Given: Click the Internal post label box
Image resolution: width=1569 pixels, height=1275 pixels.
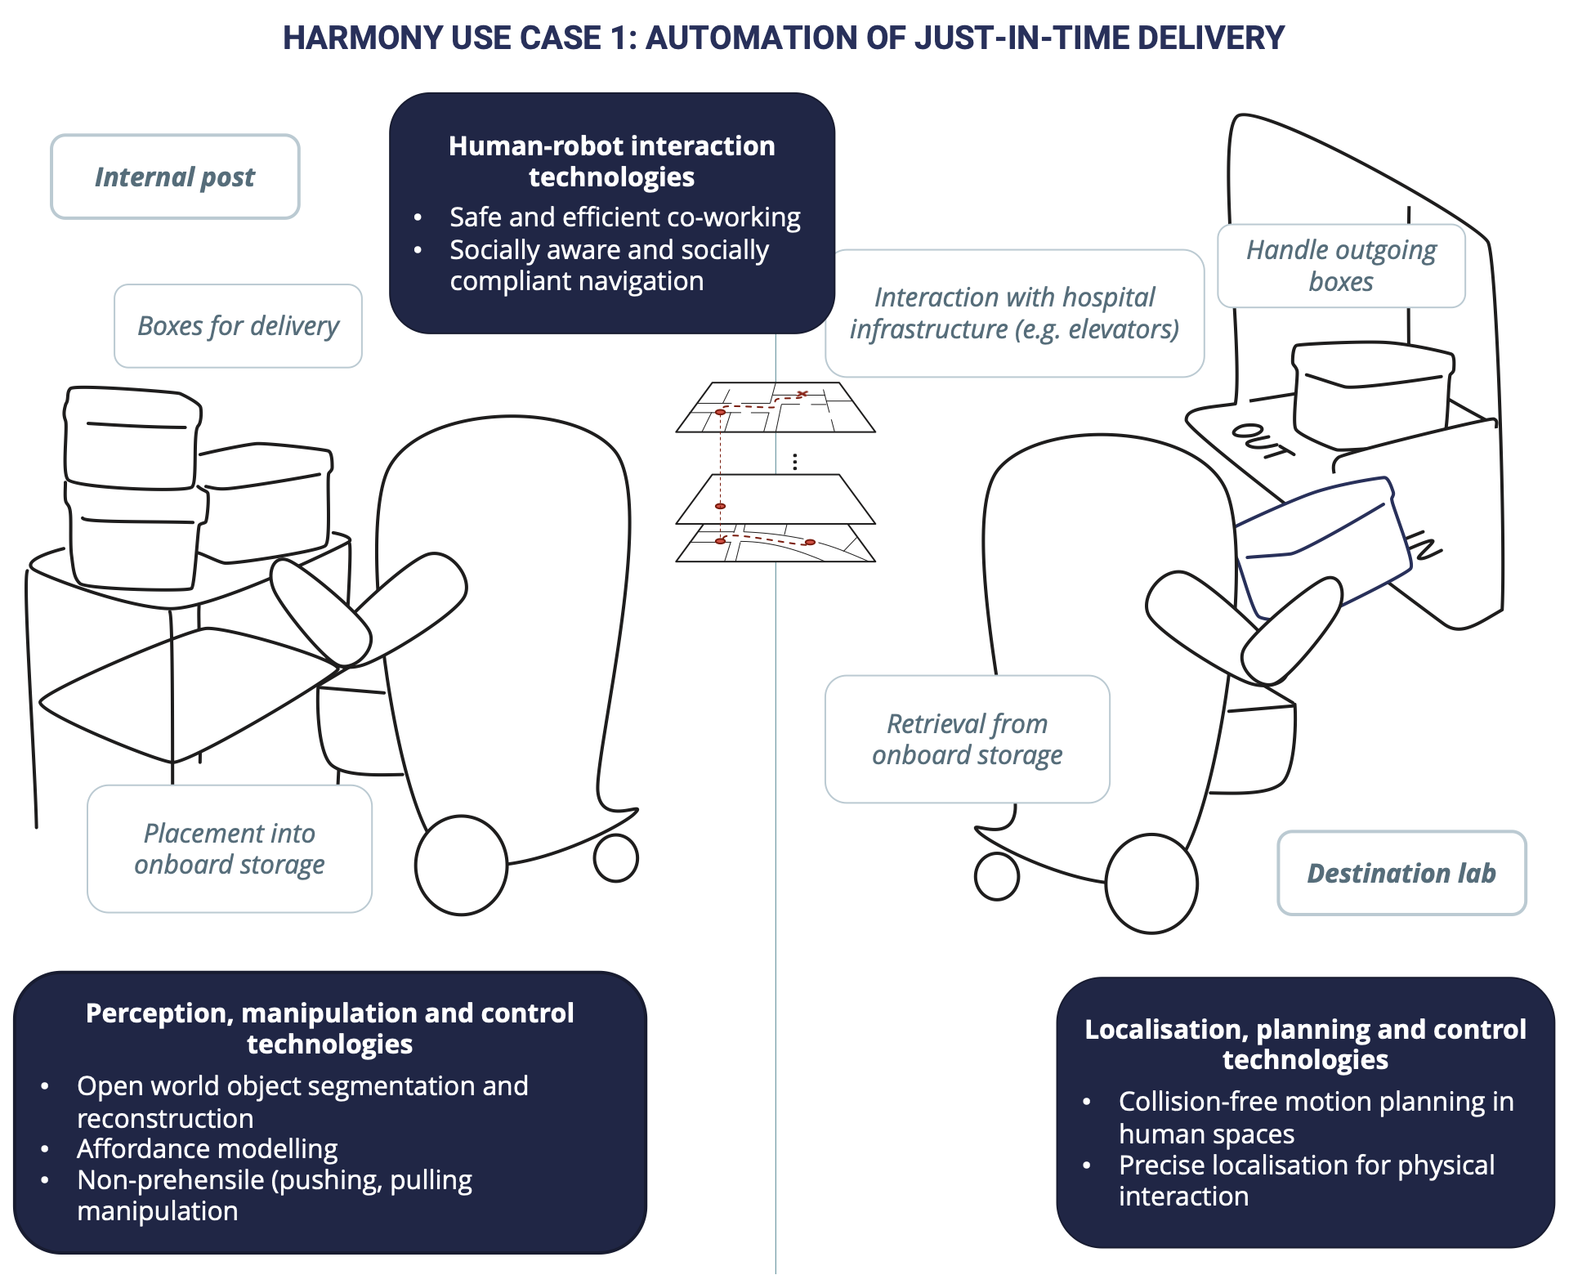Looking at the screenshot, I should pyautogui.click(x=175, y=177).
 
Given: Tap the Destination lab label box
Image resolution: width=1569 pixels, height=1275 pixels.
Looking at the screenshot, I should pyautogui.click(x=1401, y=873).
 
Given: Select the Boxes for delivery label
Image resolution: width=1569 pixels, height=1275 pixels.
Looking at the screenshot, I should pyautogui.click(x=238, y=326).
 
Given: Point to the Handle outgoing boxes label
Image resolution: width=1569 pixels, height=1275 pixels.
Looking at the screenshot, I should pyautogui.click(x=1341, y=266).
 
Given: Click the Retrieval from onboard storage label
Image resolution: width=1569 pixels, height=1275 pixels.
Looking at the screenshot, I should pyautogui.click(x=967, y=739).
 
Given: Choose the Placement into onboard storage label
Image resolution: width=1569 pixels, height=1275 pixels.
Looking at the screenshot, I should pyautogui.click(x=230, y=848).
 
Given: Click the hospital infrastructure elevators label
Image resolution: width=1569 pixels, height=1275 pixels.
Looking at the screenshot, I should pyautogui.click(x=1014, y=313).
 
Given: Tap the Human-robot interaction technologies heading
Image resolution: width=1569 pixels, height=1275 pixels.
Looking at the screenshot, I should pyautogui.click(x=611, y=161).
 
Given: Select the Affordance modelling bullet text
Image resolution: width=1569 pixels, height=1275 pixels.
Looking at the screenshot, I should pyautogui.click(x=207, y=1149).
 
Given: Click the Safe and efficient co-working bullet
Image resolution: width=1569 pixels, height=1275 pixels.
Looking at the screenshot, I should pyautogui.click(x=624, y=217).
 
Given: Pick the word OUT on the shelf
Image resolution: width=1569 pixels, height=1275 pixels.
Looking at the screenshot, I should pyautogui.click(x=1263, y=441).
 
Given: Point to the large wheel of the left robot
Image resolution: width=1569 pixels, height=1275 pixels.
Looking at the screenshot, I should pyautogui.click(x=461, y=865).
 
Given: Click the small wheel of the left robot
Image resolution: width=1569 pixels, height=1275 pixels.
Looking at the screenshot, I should pyautogui.click(x=615, y=858).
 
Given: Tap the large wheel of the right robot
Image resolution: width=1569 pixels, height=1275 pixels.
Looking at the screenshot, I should pyautogui.click(x=1151, y=884).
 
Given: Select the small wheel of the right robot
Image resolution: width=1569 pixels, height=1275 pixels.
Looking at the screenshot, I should pyautogui.click(x=997, y=876).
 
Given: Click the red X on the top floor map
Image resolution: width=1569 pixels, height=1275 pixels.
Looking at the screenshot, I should pyautogui.click(x=802, y=395).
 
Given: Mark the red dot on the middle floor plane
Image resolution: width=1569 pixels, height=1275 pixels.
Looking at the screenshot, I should pyautogui.click(x=720, y=507).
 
